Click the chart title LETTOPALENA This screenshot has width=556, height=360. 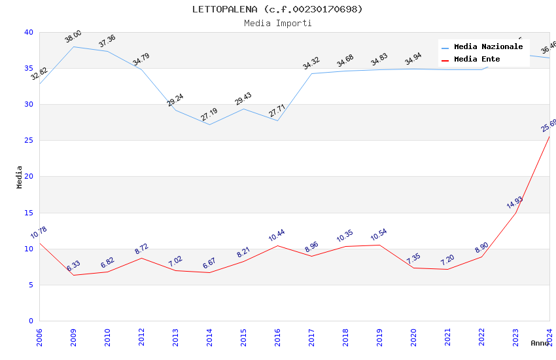[x=277, y=9]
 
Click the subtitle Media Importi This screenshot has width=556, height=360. [x=277, y=23]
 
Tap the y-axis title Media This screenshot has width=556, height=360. [x=20, y=177]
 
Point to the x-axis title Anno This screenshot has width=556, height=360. [x=540, y=343]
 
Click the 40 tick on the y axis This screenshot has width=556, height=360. [x=29, y=32]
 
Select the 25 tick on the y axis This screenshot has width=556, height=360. [x=29, y=141]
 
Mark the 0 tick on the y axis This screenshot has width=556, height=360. [x=31, y=321]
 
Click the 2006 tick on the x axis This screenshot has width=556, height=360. [x=39, y=336]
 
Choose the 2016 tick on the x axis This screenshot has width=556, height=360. [x=277, y=336]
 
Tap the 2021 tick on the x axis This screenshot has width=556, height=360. [x=447, y=336]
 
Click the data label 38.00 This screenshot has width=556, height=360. [x=73, y=37]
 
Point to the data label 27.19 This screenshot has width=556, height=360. [x=209, y=115]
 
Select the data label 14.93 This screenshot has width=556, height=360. [x=515, y=202]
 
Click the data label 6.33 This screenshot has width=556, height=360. [x=73, y=266]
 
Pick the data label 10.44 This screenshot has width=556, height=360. [x=277, y=236]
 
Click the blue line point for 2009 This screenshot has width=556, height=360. [x=73, y=46]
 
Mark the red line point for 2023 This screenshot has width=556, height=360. [x=515, y=213]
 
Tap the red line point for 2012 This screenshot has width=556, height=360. [x=141, y=258]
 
